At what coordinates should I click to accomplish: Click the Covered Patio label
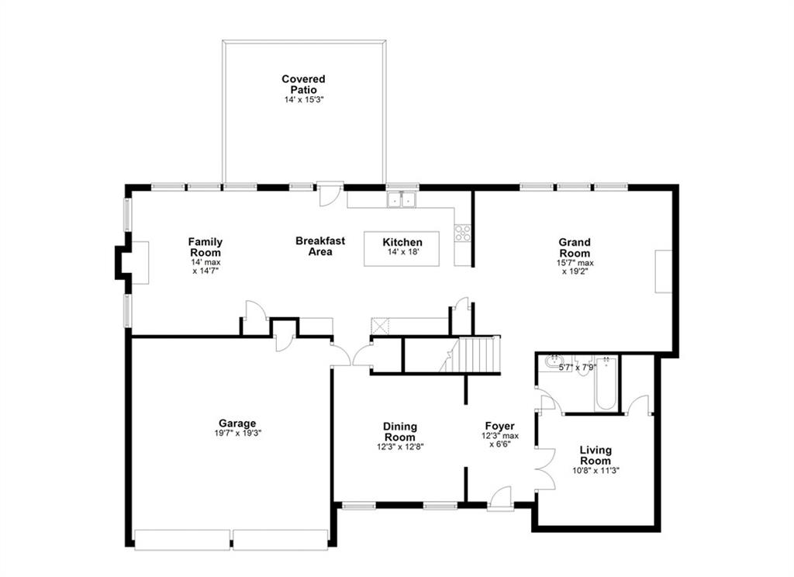(303, 84)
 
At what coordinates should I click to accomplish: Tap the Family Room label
(205, 247)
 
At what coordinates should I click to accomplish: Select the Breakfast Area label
(320, 246)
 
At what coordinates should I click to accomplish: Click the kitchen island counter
(402, 248)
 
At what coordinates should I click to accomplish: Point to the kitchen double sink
(402, 200)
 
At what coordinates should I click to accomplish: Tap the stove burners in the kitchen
(463, 233)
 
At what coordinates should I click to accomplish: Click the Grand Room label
(575, 247)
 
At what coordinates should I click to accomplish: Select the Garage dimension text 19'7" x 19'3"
(237, 434)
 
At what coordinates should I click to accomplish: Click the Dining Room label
(400, 431)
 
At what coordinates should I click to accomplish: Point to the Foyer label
(499, 426)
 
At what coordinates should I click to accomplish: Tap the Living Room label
(595, 455)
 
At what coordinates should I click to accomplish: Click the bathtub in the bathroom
(606, 385)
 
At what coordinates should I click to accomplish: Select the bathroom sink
(553, 361)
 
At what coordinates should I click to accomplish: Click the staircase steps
(478, 355)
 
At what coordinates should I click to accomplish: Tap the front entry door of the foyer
(501, 499)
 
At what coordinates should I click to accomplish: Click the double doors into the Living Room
(544, 469)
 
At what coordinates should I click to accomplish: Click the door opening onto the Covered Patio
(330, 194)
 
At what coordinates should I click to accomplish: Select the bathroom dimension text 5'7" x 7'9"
(578, 367)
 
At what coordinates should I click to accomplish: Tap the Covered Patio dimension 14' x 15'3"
(303, 100)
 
